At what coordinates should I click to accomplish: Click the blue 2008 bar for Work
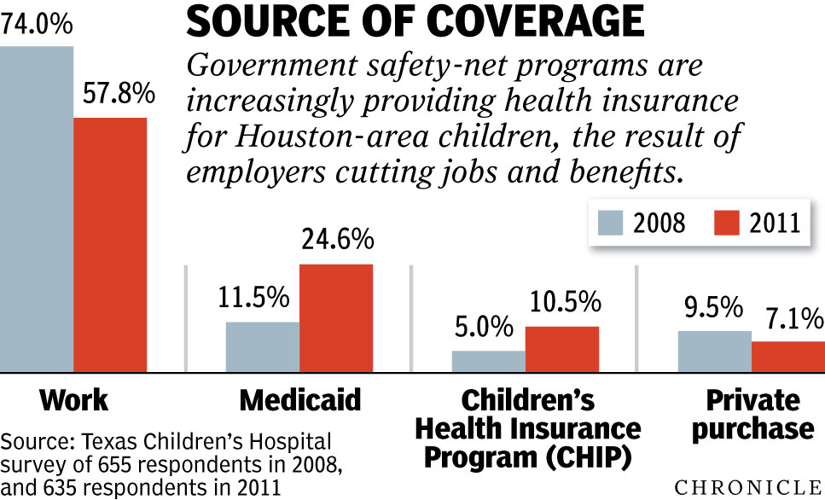pos(37,209)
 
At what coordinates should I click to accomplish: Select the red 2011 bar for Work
pos(110,245)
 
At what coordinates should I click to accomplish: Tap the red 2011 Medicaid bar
pos(336,318)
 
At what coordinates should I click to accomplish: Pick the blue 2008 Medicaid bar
pos(262,346)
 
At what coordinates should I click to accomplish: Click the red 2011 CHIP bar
pos(561,349)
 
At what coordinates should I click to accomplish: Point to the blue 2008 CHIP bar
pos(488,362)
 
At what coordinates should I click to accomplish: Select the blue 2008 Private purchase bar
pos(714,352)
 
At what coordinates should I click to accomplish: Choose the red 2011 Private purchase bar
pos(787,357)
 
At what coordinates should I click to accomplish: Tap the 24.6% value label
pos(337,241)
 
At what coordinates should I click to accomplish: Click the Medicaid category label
pos(300,400)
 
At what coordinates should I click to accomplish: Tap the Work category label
pos(74,400)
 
